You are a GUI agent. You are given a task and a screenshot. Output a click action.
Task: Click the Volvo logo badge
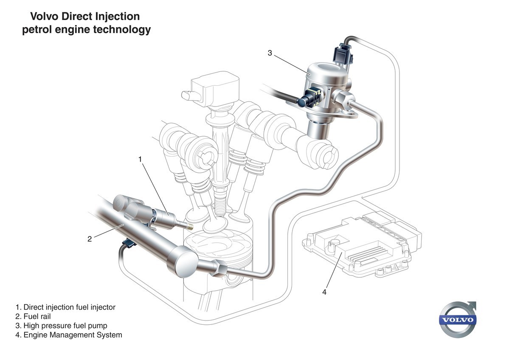[x=458, y=320]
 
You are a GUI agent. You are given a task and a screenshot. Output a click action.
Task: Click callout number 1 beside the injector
[x=140, y=159]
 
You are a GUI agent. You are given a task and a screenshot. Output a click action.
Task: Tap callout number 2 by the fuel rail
[x=90, y=239]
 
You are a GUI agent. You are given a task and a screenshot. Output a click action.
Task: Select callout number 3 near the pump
[x=270, y=53]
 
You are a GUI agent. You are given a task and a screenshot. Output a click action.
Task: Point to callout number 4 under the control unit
[x=324, y=292]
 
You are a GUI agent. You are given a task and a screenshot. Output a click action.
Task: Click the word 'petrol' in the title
[x=39, y=30]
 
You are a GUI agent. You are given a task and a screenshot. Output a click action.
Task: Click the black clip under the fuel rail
[x=127, y=244]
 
